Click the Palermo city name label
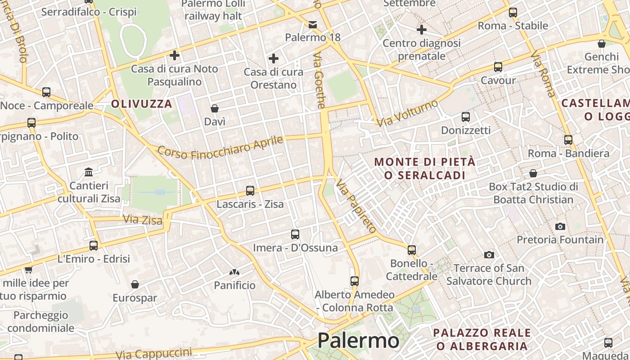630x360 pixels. [x=358, y=341]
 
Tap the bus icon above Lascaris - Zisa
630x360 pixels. [x=250, y=191]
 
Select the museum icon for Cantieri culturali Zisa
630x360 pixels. [x=89, y=172]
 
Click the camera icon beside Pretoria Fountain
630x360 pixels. [x=560, y=226]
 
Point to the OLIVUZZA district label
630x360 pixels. [x=142, y=104]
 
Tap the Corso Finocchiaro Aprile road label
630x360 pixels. [x=220, y=147]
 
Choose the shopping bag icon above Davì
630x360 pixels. [x=215, y=108]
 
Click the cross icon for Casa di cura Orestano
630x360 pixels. [x=273, y=58]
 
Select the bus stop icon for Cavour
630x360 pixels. [x=498, y=67]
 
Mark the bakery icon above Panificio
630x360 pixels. [x=234, y=272]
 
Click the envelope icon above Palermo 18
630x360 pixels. [x=313, y=24]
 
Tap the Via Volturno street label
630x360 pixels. [x=407, y=113]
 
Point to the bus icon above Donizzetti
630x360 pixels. [x=466, y=117]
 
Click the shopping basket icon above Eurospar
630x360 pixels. [x=135, y=284]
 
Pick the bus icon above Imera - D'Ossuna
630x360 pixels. [x=295, y=234]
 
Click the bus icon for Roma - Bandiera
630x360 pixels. [x=568, y=140]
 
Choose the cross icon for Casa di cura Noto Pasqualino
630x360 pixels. [x=175, y=55]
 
